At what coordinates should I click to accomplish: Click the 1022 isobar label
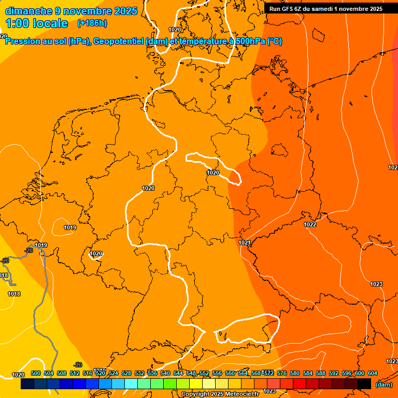(310, 224)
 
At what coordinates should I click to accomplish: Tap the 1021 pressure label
(245, 243)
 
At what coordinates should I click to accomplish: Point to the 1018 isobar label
(14, 294)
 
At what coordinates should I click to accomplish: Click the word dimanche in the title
(28, 11)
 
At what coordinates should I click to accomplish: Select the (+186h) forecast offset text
(92, 23)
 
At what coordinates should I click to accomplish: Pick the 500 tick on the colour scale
(36, 373)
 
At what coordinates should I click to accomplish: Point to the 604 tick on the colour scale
(372, 373)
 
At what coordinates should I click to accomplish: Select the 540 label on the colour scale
(165, 373)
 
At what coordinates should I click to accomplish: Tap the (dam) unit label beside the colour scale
(383, 385)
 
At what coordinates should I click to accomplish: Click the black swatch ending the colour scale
(364, 384)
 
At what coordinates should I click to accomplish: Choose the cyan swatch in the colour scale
(132, 384)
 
